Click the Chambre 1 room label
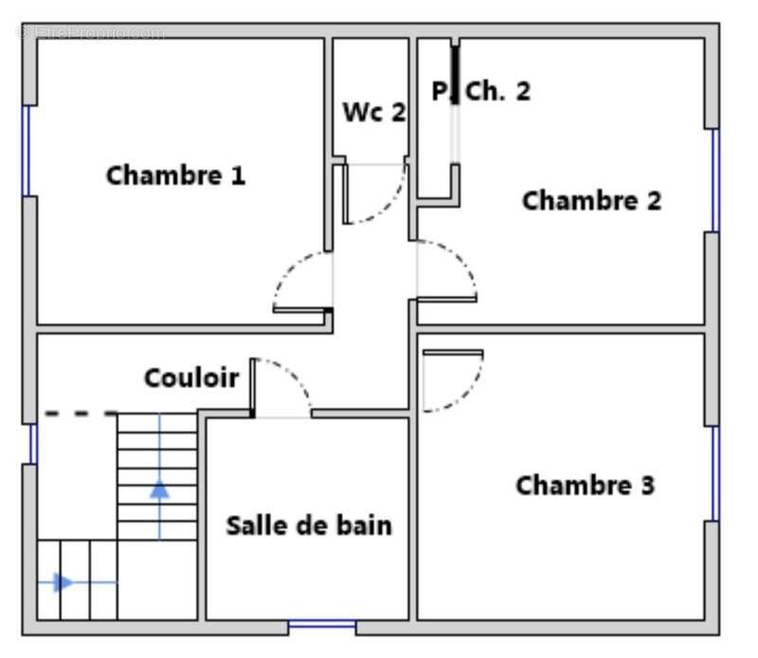[175, 175]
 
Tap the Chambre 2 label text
[591, 201]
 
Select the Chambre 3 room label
[585, 486]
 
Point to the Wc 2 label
[373, 112]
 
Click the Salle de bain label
[309, 525]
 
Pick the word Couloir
[191, 379]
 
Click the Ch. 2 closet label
[497, 92]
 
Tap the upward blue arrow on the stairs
[159, 489]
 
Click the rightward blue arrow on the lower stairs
[63, 582]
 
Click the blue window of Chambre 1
[27, 151]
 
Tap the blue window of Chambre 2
[715, 180]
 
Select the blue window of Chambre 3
[715, 473]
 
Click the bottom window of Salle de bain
[322, 625]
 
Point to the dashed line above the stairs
[81, 413]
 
